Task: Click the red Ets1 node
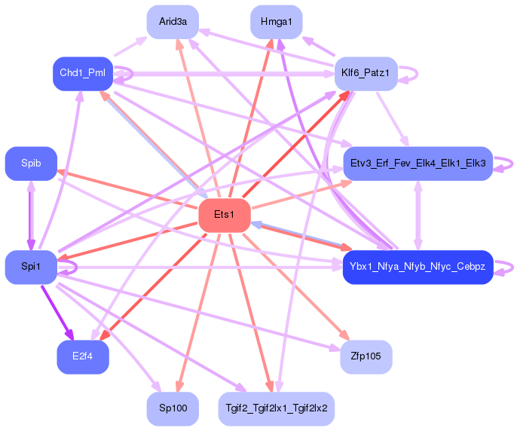(x=225, y=215)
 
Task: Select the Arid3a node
(x=173, y=22)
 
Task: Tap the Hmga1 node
(x=277, y=22)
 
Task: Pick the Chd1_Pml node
(x=83, y=73)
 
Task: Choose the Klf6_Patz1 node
(x=366, y=73)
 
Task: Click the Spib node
(x=31, y=164)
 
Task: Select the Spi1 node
(x=31, y=267)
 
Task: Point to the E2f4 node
(x=83, y=357)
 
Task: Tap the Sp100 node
(x=173, y=408)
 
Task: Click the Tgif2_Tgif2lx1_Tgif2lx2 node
(x=277, y=408)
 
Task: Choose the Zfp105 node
(x=366, y=357)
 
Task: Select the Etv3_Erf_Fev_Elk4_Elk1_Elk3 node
(x=418, y=164)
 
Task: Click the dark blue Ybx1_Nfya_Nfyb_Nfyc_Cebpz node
(x=418, y=267)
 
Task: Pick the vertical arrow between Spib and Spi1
(x=31, y=215)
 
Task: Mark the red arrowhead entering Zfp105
(x=344, y=335)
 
